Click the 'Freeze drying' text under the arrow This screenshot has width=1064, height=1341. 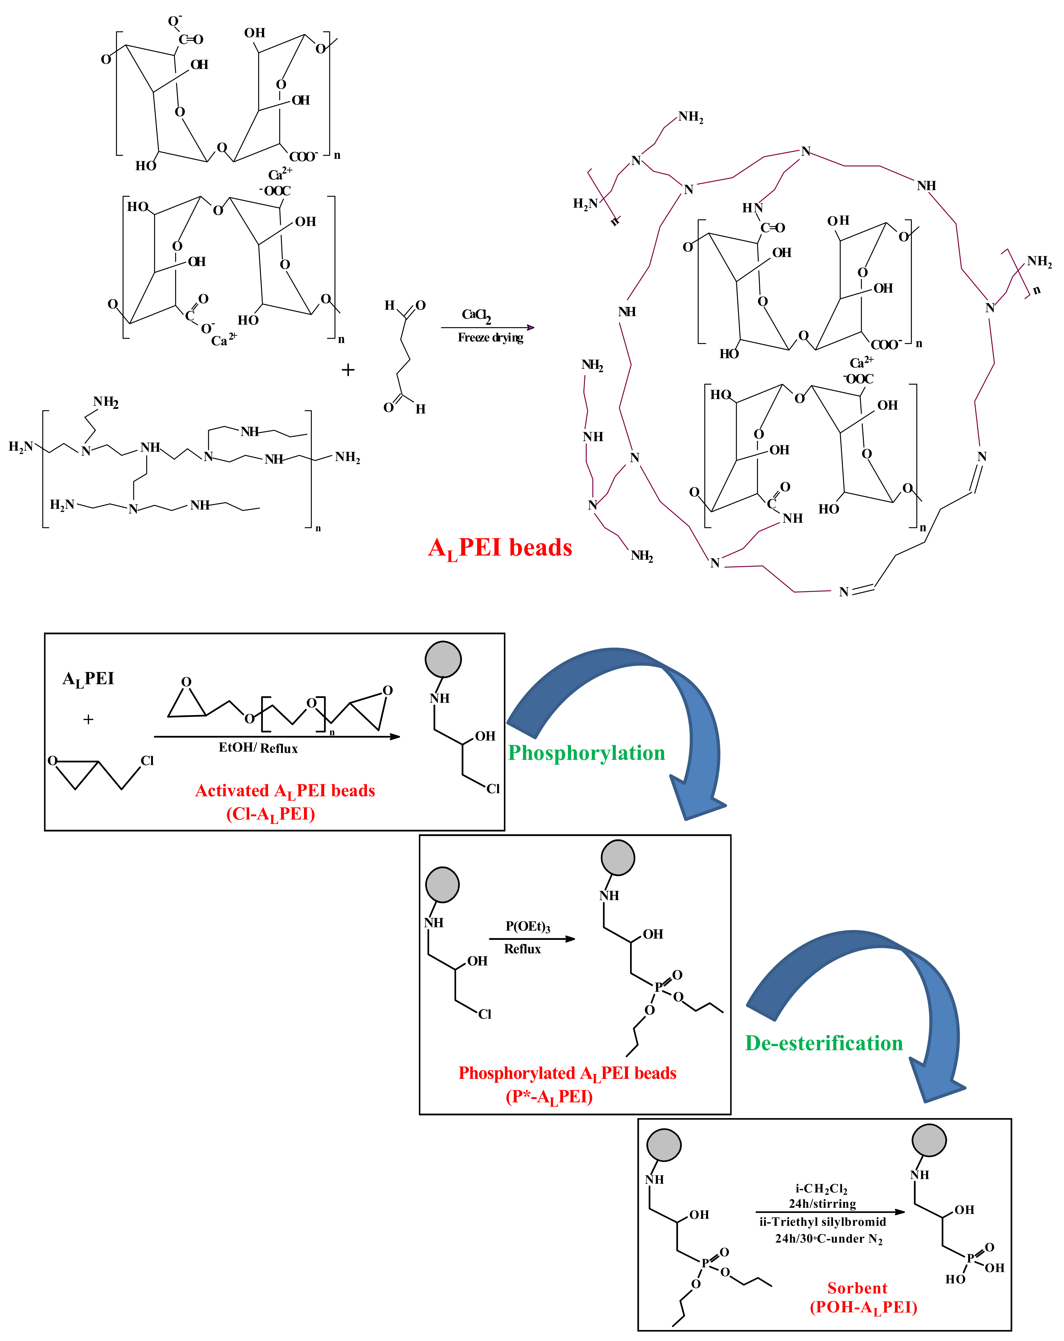(490, 338)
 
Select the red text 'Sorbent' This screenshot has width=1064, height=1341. (857, 1288)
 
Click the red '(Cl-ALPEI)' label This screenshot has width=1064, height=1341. (270, 814)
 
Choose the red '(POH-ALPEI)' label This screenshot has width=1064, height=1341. (863, 1307)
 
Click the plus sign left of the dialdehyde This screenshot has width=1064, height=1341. (348, 370)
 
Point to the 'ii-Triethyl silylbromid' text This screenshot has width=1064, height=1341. (822, 1222)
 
